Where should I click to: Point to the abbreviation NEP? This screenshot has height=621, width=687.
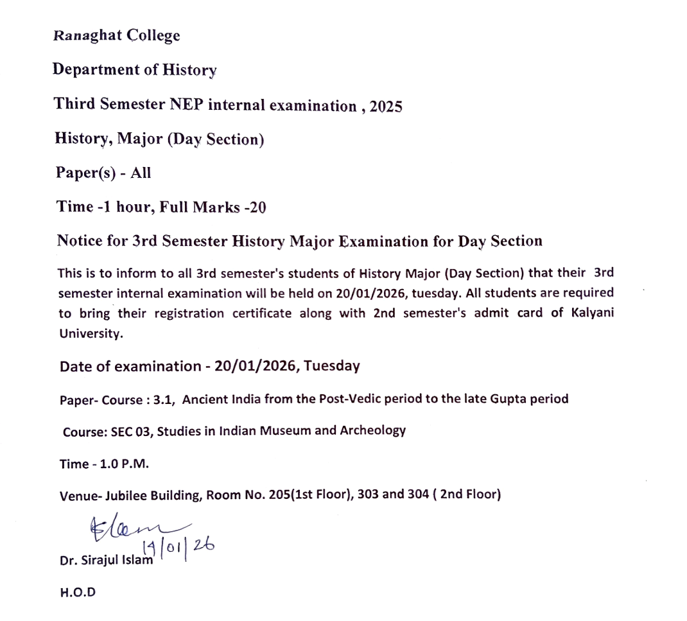click(x=187, y=104)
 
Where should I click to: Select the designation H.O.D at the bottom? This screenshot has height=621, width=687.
click(x=77, y=592)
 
